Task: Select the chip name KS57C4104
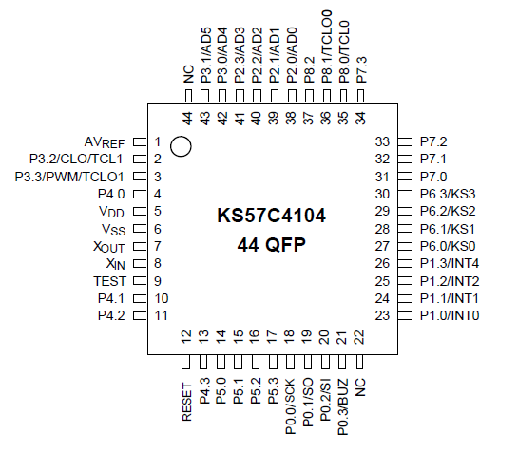click(x=271, y=217)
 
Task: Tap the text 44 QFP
click(x=271, y=245)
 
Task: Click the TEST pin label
click(x=109, y=281)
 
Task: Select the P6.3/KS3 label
click(x=448, y=194)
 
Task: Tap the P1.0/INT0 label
click(x=450, y=315)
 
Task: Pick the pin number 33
click(x=384, y=141)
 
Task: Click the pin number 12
click(x=186, y=336)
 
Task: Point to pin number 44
click(x=187, y=119)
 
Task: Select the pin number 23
click(x=384, y=315)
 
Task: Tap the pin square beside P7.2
click(x=404, y=141)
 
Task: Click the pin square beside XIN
click(x=137, y=264)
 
